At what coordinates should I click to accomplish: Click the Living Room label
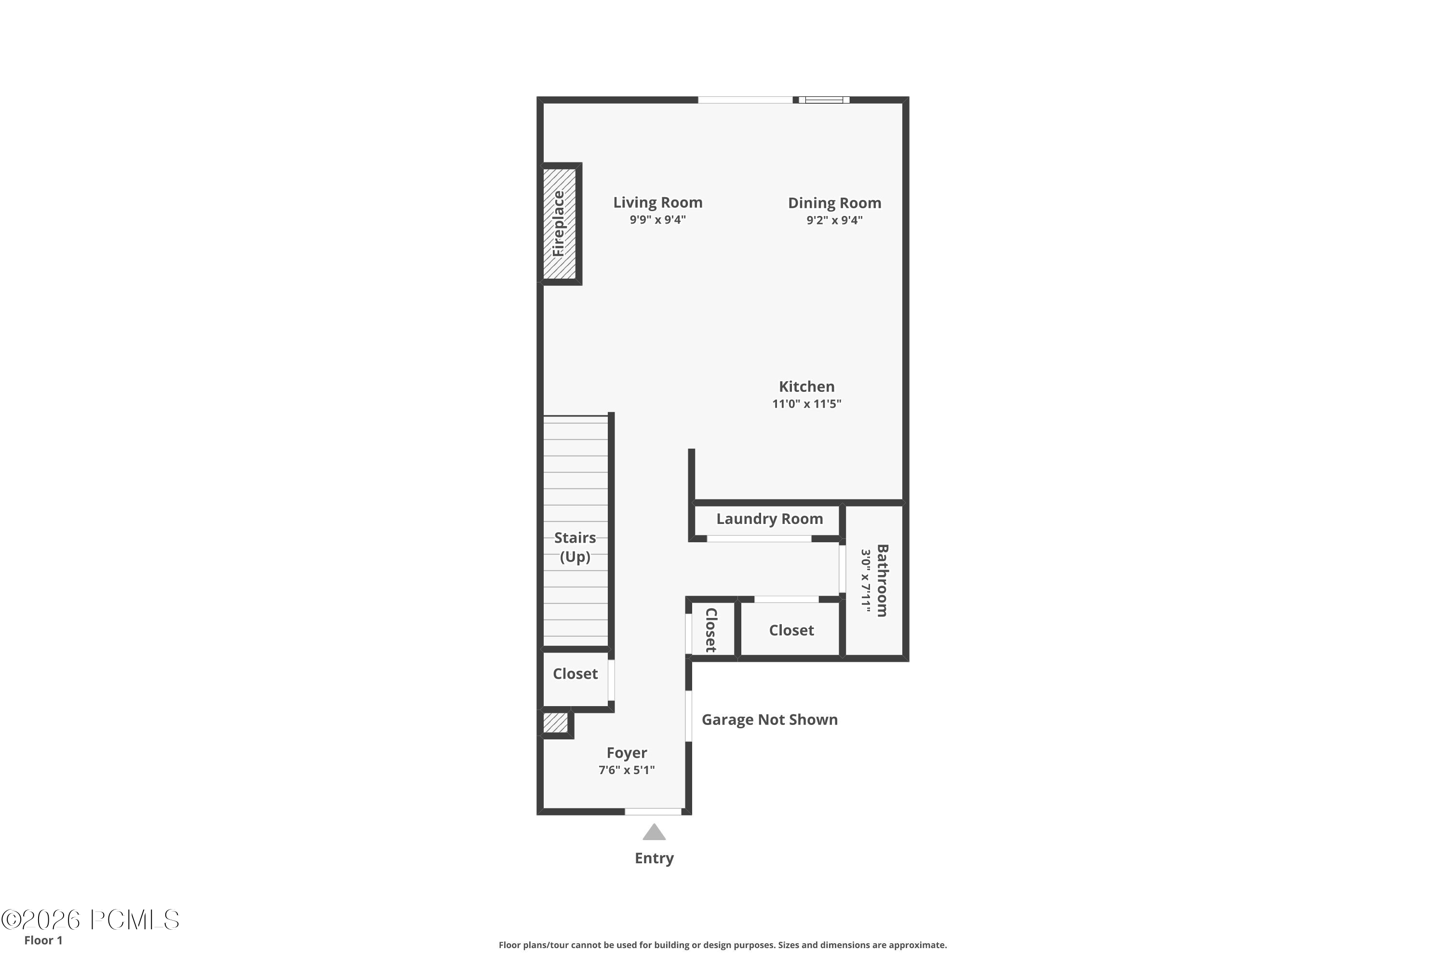pos(657,202)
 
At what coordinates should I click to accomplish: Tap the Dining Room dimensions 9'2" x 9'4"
pos(834,220)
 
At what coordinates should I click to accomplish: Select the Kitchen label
pos(806,387)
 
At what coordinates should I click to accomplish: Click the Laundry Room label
pos(769,519)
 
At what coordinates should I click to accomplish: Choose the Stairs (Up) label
pos(575,547)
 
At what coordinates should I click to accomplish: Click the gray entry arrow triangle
pos(654,833)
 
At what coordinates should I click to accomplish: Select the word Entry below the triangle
pos(654,858)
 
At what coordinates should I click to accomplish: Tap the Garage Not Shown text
pos(769,720)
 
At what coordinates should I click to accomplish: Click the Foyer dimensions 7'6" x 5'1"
pos(627,770)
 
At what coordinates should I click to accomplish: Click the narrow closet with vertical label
pos(711,629)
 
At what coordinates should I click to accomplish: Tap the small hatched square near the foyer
pos(555,723)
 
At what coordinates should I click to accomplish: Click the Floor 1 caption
pos(43,940)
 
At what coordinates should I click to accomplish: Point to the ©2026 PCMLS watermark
pos(91,920)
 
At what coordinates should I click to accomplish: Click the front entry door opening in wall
pos(653,812)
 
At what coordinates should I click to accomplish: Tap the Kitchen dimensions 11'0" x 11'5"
pos(806,404)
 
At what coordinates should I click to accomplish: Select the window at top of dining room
pos(824,100)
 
